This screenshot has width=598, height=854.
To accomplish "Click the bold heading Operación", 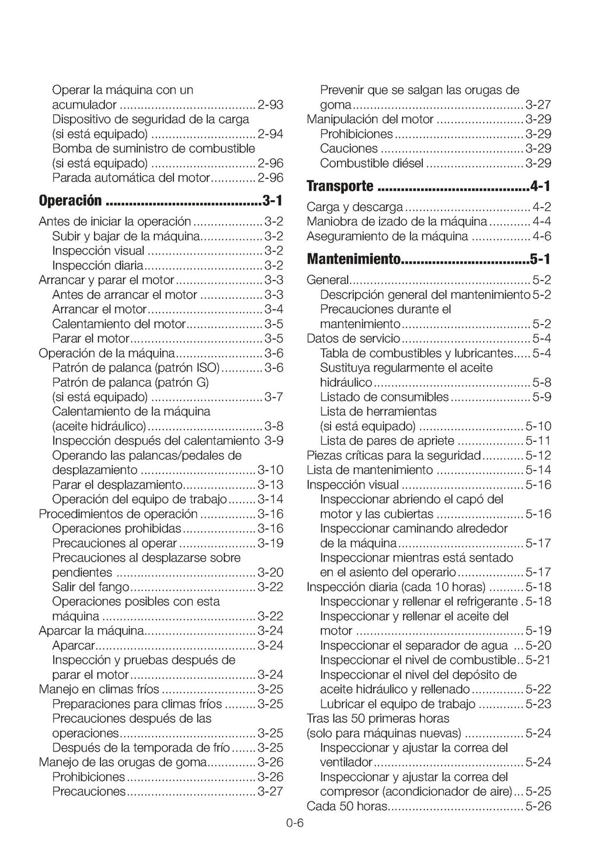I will pos(70,201).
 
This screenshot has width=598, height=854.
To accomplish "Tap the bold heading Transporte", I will pos(340,186).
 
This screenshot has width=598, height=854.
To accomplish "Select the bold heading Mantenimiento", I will pos(354,259).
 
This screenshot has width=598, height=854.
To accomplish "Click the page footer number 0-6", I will pos(295,823).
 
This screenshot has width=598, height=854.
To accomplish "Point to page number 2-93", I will pos(270,105).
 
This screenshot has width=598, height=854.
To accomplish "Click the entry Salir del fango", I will pos(91,587).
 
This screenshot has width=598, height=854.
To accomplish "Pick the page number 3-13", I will pos(270,484).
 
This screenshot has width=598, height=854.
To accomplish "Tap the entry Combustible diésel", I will pos(371,163).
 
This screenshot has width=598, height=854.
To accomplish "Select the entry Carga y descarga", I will pos(354,207).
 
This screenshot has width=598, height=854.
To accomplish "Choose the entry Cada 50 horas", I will pos(347,806).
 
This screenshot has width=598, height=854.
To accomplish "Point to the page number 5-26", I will pos(538,806).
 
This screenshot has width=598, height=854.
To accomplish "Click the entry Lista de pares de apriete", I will pos(387,441).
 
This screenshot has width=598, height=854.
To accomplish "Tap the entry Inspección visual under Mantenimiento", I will pos(353,484).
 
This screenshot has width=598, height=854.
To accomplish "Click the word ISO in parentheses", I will pos(207,368).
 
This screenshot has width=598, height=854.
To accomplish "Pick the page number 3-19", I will pos(270,543).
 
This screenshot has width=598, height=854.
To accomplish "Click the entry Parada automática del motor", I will pos(130,178).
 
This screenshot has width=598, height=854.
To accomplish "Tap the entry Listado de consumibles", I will pos(384,397).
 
